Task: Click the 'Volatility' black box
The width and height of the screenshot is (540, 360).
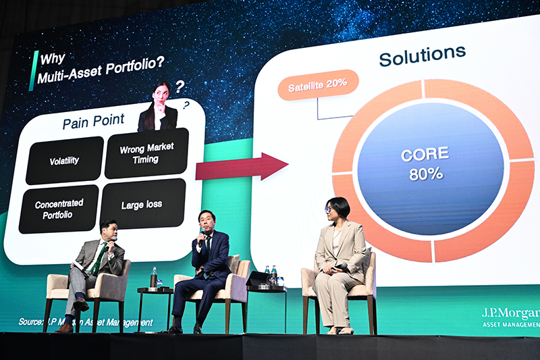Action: pos(64,161)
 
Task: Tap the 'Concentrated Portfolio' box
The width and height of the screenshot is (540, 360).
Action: pos(59,209)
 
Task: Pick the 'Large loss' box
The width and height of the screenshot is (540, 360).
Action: pos(142,204)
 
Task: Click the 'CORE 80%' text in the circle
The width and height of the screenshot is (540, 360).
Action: pos(425,164)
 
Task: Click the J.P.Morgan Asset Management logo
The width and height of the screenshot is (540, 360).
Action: pos(510,317)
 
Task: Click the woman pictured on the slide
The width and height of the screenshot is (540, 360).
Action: pos(159,108)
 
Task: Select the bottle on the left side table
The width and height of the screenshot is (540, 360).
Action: pos(154,276)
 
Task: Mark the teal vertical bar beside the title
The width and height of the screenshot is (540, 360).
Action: pos(32,70)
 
